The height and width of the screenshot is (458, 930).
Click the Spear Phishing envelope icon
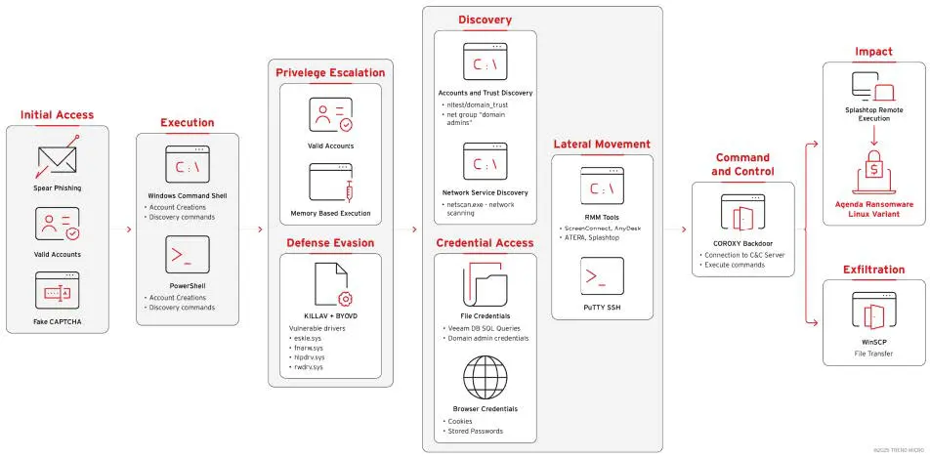[58, 160]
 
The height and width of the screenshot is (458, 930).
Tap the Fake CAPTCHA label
[58, 321]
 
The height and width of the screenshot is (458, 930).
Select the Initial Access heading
[58, 115]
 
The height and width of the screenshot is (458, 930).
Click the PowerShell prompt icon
[187, 255]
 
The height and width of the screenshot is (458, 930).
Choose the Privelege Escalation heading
[329, 73]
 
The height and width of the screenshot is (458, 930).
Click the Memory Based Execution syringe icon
[330, 183]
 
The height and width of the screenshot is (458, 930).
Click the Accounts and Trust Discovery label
[486, 93]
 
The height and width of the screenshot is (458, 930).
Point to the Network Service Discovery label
[486, 192]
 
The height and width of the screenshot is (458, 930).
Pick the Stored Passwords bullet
[476, 431]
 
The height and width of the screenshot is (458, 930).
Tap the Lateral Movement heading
[602, 145]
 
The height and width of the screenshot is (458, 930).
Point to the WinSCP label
[873, 343]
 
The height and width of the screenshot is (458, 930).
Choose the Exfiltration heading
[873, 269]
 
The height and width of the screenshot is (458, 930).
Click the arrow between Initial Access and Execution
[128, 229]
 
